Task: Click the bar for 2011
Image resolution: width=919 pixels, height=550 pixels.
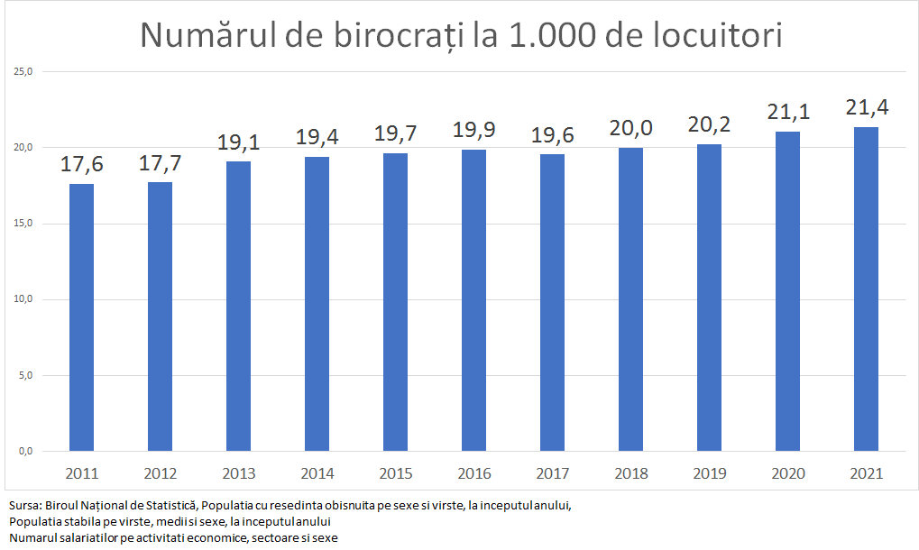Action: pyautogui.click(x=81, y=317)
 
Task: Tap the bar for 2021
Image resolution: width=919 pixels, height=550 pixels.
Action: pyautogui.click(x=866, y=289)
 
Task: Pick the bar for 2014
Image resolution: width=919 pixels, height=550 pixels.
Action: pyautogui.click(x=317, y=304)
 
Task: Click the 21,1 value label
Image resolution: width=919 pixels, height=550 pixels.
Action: pyautogui.click(x=788, y=112)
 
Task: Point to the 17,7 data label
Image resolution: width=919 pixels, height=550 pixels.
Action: pyautogui.click(x=161, y=165)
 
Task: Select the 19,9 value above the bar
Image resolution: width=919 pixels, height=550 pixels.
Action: pyautogui.click(x=474, y=130)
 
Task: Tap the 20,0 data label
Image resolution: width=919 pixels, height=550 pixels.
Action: pyautogui.click(x=631, y=128)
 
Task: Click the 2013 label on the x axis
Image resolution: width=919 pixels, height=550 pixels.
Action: pyautogui.click(x=238, y=473)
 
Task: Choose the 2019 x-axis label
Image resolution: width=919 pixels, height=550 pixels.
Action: pyautogui.click(x=709, y=473)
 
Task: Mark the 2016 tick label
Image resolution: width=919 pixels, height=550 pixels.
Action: pyautogui.click(x=473, y=473)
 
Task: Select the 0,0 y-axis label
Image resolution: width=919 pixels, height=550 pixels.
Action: pyautogui.click(x=24, y=451)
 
